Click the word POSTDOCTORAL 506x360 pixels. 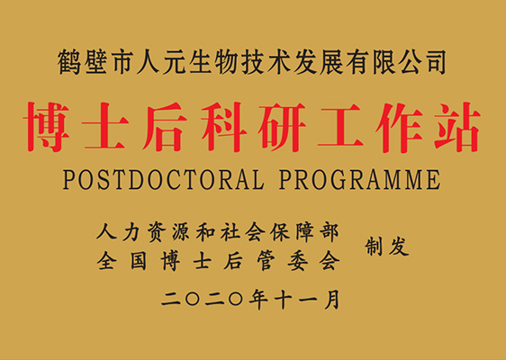pyautogui.click(x=162, y=179)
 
